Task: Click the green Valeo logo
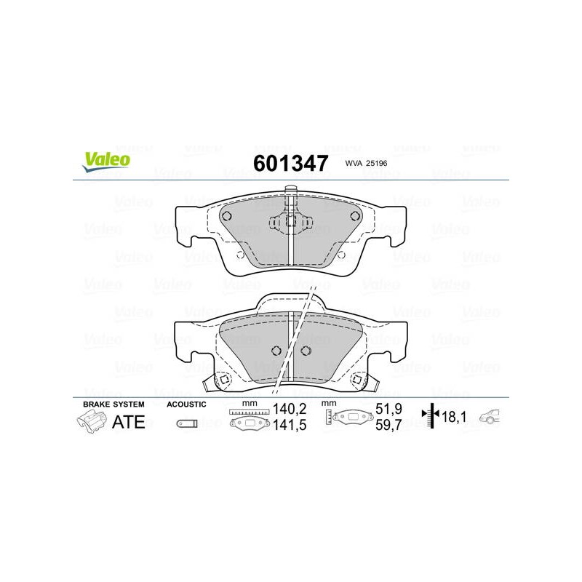106,162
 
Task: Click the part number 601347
290,163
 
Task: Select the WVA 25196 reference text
366,163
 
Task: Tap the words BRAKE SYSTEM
113,404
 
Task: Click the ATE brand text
129,422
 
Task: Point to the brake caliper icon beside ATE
89,421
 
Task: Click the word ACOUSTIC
186,404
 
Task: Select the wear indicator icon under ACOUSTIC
187,423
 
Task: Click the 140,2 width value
290,409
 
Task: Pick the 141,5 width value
290,425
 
